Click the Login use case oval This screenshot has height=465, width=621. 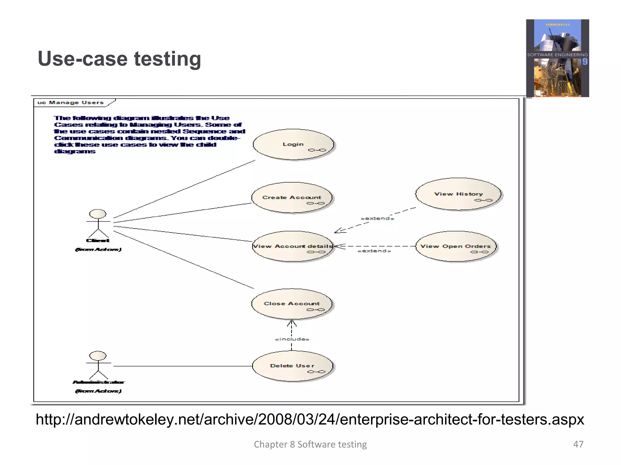point(293,144)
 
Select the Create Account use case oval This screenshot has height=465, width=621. point(292,198)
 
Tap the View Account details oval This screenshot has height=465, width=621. point(293,246)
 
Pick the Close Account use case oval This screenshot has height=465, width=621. point(292,304)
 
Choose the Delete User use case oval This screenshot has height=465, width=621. point(292,366)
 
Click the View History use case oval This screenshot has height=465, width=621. point(458,194)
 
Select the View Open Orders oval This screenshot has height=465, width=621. point(455,246)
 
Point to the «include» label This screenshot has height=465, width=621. point(292,339)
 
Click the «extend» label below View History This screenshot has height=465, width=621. point(377,219)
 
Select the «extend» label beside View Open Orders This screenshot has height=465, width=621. point(374,251)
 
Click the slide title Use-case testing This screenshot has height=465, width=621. point(119,59)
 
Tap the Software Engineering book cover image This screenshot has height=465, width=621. point(557,58)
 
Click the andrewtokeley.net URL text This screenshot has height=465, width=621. point(310,420)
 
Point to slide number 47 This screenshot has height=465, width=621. point(578,444)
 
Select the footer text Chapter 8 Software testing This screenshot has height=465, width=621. point(310,444)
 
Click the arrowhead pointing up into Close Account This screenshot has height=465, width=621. point(292,323)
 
